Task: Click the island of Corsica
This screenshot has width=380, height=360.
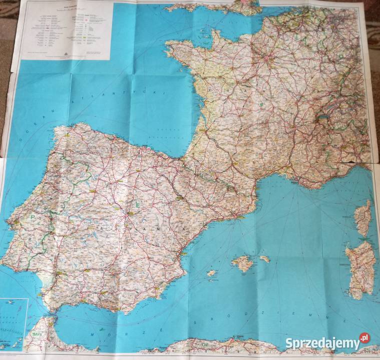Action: tap(363, 218)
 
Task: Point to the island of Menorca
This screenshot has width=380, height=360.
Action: tap(264, 259)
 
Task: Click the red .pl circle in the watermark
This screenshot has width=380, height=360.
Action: tap(364, 339)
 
